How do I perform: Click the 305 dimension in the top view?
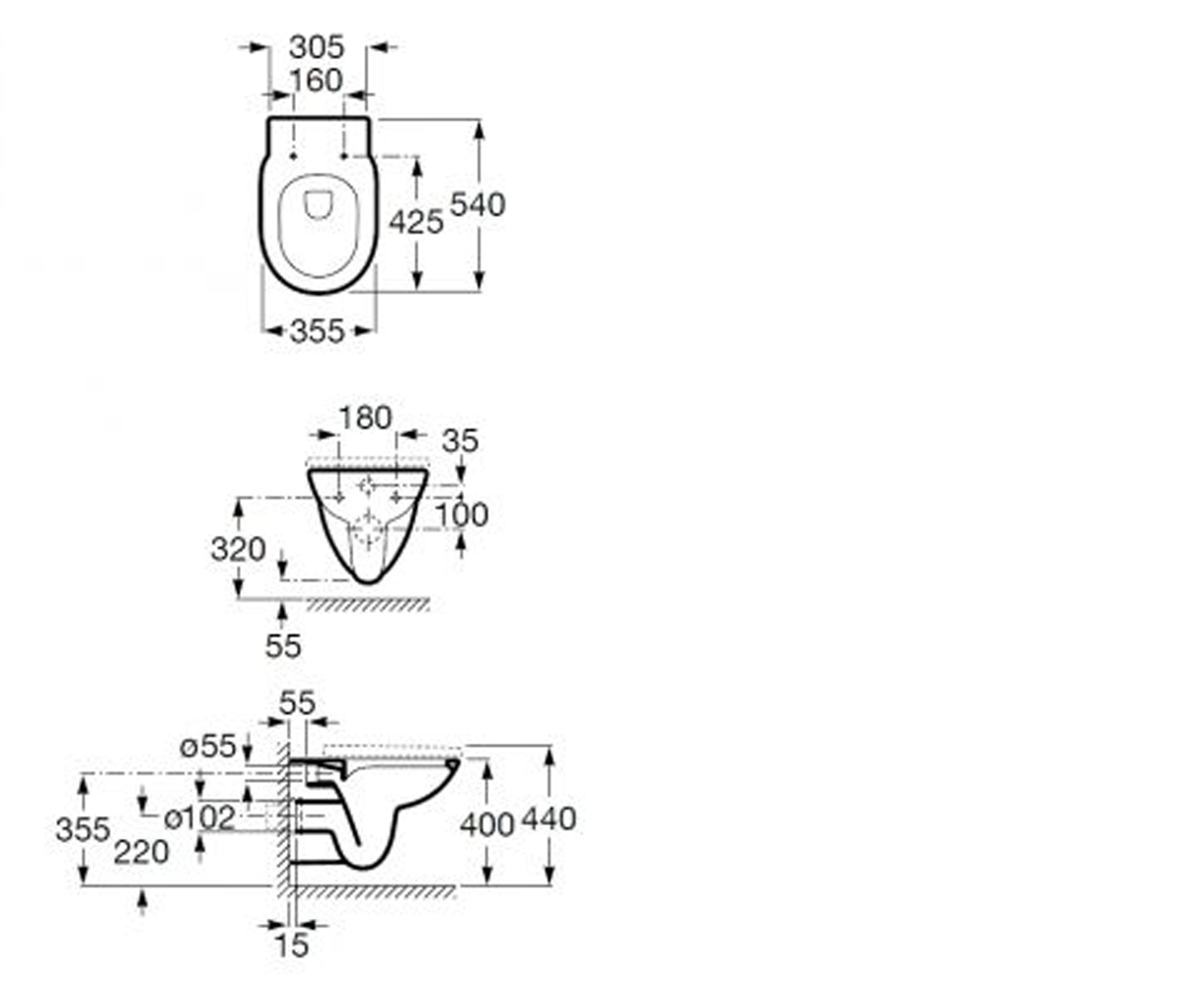(x=317, y=46)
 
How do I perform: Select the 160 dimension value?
(x=317, y=80)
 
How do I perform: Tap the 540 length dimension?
(x=478, y=204)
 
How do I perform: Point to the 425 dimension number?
(x=416, y=221)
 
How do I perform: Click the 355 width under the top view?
(x=317, y=331)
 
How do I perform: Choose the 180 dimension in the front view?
(x=365, y=418)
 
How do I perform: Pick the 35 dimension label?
(x=460, y=441)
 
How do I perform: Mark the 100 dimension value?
(x=462, y=515)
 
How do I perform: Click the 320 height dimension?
(x=238, y=549)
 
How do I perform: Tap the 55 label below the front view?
(x=283, y=645)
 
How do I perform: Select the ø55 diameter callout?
(x=207, y=746)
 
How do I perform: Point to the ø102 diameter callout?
(x=199, y=818)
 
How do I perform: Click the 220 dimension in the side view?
(x=141, y=852)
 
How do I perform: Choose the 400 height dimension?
(x=486, y=824)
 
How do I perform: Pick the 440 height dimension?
(x=549, y=819)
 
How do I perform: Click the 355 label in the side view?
(x=83, y=830)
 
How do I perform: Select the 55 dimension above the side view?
(x=297, y=704)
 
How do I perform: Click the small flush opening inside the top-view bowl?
(x=318, y=204)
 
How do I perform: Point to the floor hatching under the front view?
(x=368, y=605)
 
